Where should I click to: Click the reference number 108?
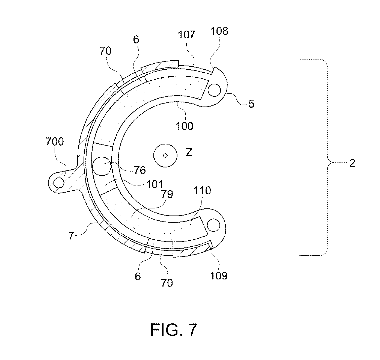click(x=219, y=31)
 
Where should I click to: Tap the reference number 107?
click(x=186, y=35)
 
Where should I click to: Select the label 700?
click(x=55, y=141)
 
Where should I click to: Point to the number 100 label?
click(x=185, y=126)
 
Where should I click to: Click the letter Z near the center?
click(x=189, y=152)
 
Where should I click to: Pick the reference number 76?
click(x=140, y=170)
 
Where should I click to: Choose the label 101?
click(x=155, y=184)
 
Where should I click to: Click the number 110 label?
click(x=202, y=190)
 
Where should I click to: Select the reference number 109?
click(x=219, y=276)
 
